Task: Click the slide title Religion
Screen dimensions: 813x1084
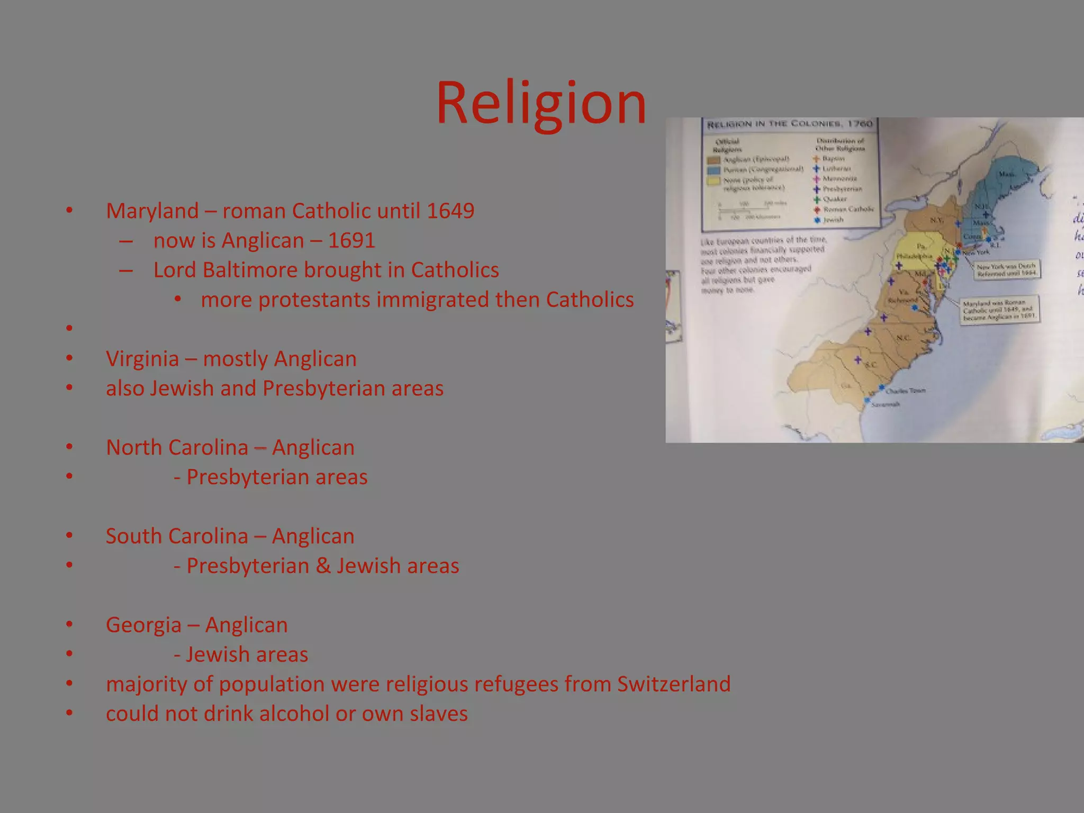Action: click(541, 103)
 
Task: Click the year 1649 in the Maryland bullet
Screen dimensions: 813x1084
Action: click(450, 211)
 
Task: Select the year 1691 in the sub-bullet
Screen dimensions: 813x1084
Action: click(351, 240)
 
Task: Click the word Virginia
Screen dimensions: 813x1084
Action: click(142, 359)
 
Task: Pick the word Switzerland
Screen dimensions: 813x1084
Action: click(674, 684)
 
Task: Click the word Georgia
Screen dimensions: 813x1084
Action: click(143, 625)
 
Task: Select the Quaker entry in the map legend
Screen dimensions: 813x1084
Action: click(834, 199)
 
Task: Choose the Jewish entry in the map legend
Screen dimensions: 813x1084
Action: click(833, 220)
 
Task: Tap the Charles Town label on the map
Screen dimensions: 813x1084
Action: click(905, 391)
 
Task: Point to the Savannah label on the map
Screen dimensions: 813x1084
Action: click(885, 404)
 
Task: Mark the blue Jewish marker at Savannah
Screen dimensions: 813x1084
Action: click(867, 400)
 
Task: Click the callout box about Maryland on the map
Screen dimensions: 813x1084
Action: click(1000, 310)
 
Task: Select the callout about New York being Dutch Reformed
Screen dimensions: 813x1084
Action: click(1007, 269)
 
